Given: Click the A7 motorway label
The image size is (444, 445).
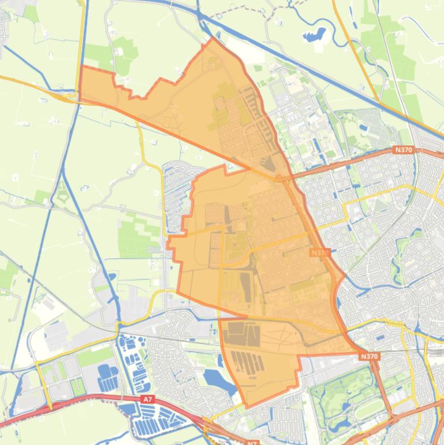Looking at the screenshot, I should [x=148, y=399].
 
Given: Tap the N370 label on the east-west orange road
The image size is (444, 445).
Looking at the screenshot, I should [x=404, y=150].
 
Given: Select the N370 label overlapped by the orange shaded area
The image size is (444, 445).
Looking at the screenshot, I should [x=319, y=253].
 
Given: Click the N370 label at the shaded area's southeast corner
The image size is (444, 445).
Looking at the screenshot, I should [x=368, y=357].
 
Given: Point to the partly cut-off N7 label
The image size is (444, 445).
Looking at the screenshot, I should [x=252, y=442].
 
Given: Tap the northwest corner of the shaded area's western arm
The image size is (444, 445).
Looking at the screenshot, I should [x=80, y=67].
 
